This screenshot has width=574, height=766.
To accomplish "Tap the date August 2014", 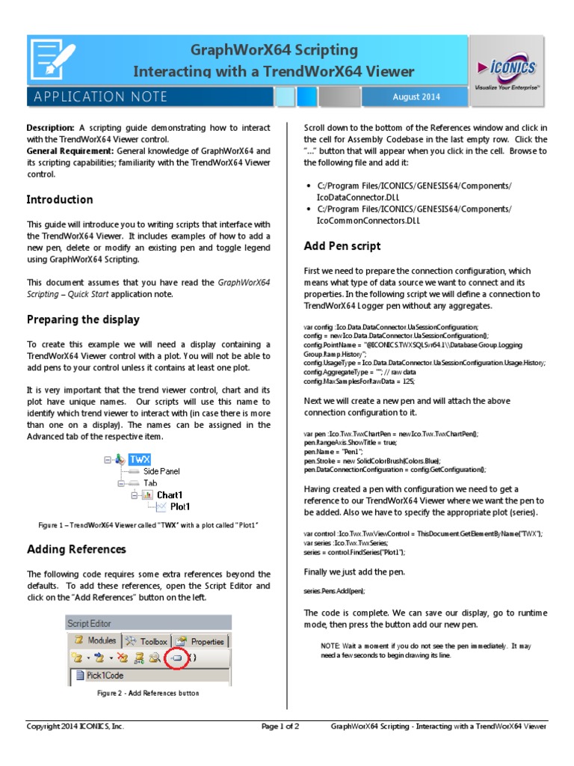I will pos(416,97).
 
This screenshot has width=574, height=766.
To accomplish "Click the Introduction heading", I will pos(60,200).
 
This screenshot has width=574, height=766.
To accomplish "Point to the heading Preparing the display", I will pos(83,319).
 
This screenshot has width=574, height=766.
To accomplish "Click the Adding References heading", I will pos(76,549).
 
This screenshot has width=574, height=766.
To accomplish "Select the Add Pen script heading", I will pos(342,246).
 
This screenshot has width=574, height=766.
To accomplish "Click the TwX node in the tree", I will pos(139,459).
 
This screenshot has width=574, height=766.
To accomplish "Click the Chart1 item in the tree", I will pos(169,494).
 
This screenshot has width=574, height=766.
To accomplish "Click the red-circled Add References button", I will pos(176,658).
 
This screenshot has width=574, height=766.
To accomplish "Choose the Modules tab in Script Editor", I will pos(95,641).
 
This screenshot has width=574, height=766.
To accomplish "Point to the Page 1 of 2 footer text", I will pos(280,726).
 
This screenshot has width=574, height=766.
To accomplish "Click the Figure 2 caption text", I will pos(149,693).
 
